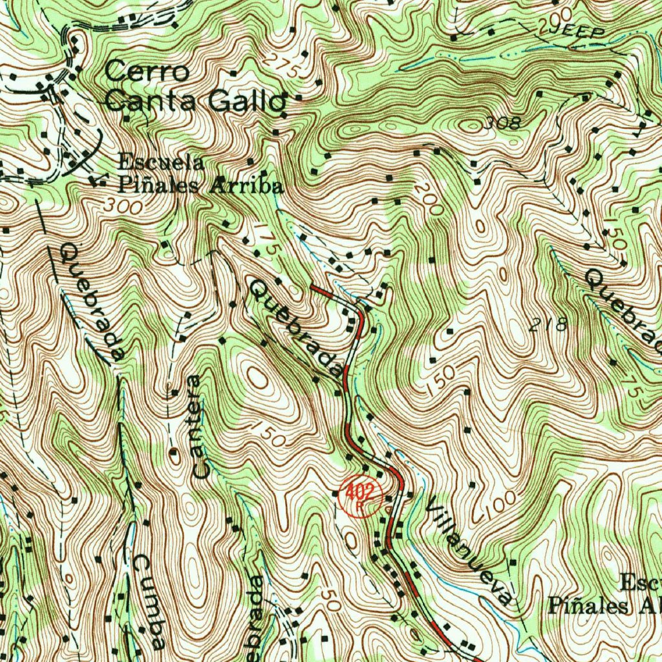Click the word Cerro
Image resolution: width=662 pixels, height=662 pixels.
point(147,71)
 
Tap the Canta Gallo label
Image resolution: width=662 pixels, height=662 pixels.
point(195,101)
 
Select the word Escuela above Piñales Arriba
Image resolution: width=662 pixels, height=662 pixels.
point(161,162)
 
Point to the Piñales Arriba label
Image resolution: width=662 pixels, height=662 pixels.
point(200,186)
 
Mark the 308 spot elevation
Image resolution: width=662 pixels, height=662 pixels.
point(502,122)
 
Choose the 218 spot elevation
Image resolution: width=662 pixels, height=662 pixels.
point(548,325)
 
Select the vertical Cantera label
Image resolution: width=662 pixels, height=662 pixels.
point(199,427)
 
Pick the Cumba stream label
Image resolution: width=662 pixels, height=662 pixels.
point(151,601)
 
